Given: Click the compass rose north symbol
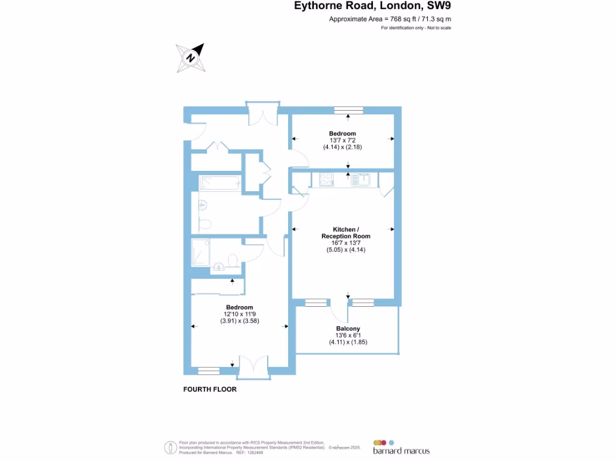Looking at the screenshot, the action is click(191, 58).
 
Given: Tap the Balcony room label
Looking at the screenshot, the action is click(348, 328).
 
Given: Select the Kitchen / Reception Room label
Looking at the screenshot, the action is click(346, 233).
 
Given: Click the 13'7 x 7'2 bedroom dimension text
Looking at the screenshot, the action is click(342, 140).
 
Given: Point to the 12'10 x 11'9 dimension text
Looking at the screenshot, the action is click(239, 314).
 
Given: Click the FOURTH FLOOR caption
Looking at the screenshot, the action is click(210, 389).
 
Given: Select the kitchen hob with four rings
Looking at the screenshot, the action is click(327, 179).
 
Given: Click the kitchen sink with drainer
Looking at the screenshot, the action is click(361, 179).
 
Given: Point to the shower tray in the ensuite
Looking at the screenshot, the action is click(200, 252).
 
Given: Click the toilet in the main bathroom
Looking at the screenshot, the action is click(205, 224).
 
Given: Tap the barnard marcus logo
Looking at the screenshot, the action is click(401, 448).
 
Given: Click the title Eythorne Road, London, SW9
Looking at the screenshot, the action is click(372, 6).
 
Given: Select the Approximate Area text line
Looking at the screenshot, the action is click(390, 19).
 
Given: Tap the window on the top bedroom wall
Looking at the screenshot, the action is click(348, 110).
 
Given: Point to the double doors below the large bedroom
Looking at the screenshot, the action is click(254, 368).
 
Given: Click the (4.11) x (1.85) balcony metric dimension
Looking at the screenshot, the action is click(348, 342).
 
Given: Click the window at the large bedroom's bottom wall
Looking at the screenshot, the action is click(209, 371).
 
